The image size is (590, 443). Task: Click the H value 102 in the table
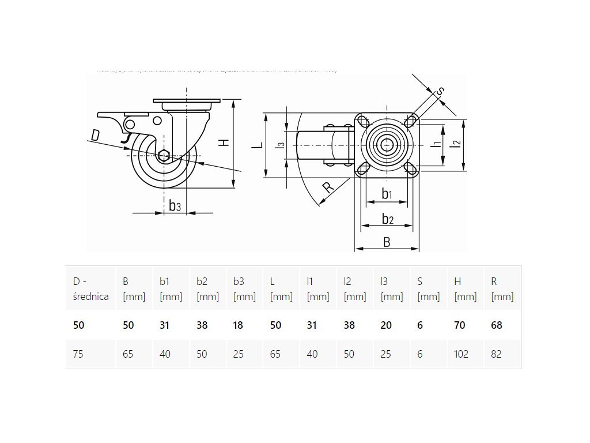point(462,354)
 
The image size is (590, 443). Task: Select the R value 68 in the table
point(496,325)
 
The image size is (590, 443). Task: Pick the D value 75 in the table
point(78,354)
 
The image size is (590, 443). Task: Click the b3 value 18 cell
point(239,325)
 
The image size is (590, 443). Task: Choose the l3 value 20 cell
point(386,325)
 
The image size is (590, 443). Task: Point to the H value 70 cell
point(459,325)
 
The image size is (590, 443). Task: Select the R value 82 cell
point(496,354)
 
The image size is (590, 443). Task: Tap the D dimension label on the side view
point(95,135)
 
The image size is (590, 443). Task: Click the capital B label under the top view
point(387,242)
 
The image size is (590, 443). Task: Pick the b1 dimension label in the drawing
point(387,194)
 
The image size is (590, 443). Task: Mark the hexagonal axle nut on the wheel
point(164,155)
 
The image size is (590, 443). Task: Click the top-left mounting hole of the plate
point(363,122)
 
